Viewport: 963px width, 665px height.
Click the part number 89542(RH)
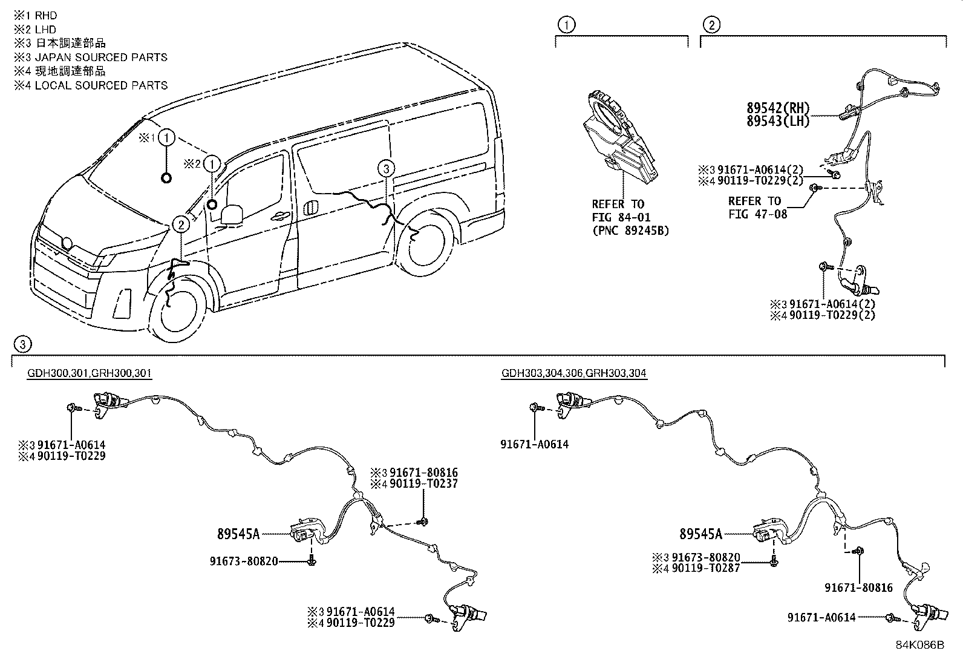(x=777, y=108)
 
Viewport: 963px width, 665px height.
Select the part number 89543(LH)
(x=777, y=120)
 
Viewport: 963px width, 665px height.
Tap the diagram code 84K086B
(x=919, y=645)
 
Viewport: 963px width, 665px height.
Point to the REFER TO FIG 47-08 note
(x=757, y=207)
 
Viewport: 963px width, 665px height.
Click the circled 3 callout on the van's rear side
(x=387, y=169)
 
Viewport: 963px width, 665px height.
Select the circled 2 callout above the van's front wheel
(x=180, y=225)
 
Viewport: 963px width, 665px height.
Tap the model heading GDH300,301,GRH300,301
(x=90, y=373)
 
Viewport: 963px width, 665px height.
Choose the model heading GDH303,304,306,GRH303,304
(x=574, y=373)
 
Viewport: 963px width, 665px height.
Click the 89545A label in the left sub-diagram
(x=238, y=534)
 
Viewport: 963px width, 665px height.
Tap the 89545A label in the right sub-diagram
(x=700, y=534)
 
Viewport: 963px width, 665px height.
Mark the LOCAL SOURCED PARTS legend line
(x=91, y=85)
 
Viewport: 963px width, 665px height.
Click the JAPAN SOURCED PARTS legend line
(x=91, y=57)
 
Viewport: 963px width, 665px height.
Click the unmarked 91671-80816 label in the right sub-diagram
(x=858, y=588)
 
